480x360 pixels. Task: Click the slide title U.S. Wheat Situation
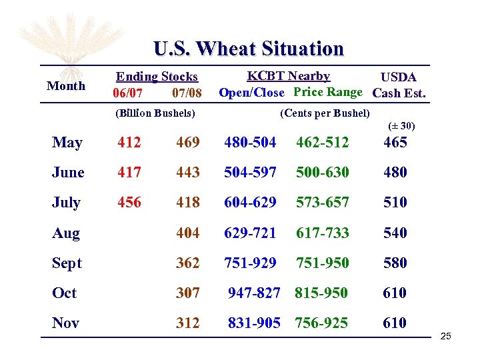[248, 49]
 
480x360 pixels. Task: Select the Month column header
[66, 86]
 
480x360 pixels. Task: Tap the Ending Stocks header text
[157, 77]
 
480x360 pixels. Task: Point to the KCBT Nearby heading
[288, 76]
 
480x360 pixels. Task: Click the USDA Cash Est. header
[399, 85]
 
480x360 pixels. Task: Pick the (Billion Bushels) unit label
[155, 113]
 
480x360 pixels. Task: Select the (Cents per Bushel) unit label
[325, 113]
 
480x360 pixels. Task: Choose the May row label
[67, 143]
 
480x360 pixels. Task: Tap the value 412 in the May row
[129, 142]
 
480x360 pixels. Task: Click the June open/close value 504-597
[250, 172]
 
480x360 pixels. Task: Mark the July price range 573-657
[323, 202]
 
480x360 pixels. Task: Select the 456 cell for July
[129, 202]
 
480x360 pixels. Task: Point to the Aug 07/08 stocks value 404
[188, 233]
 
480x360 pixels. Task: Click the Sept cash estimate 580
[395, 263]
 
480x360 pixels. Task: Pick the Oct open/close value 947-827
[254, 293]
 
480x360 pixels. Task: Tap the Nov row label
[65, 323]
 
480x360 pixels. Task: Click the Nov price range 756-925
[323, 323]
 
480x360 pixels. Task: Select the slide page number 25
[445, 336]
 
